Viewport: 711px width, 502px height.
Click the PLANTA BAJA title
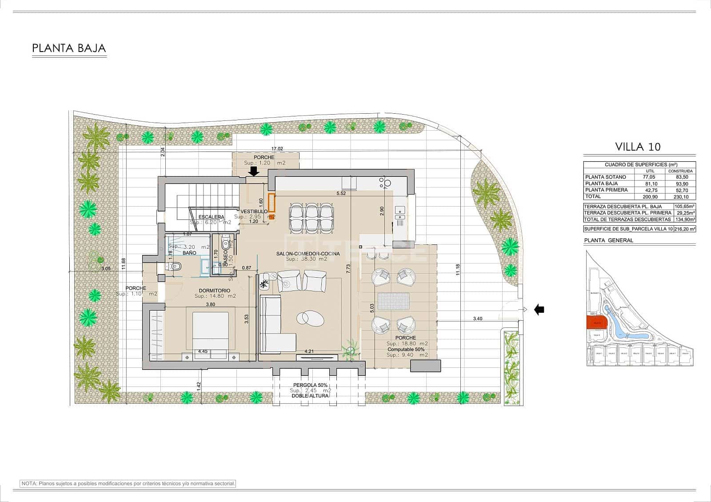coord(69,48)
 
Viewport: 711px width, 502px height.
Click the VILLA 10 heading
coord(638,146)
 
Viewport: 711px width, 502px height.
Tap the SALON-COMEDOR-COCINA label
coord(308,253)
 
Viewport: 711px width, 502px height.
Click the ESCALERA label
coord(211,217)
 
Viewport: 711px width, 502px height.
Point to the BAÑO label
coord(189,252)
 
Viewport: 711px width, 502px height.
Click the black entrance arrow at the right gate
coord(539,310)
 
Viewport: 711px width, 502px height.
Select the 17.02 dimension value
coord(277,149)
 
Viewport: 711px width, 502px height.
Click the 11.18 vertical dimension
coord(458,270)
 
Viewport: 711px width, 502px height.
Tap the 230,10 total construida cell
coord(680,196)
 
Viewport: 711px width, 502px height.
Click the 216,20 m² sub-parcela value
coord(684,229)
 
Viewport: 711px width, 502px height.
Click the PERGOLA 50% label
coord(310,385)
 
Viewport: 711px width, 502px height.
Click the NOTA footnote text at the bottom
coord(128,483)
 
